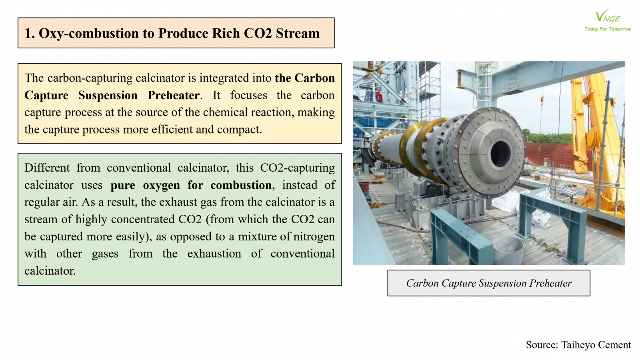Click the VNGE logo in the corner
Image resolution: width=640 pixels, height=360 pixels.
608,16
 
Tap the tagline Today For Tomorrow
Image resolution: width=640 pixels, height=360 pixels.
608,29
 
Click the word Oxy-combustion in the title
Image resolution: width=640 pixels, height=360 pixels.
89,34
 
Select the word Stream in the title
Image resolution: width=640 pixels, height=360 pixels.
298,33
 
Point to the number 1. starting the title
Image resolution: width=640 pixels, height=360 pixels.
30,34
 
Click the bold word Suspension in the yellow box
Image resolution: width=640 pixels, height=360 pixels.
108,96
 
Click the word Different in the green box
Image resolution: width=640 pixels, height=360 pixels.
47,168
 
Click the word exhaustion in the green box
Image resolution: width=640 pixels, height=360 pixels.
214,254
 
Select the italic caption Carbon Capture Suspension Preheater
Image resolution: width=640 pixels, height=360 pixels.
489,284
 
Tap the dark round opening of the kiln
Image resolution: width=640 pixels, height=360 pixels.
500,154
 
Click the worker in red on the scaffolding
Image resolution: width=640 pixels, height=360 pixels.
379,96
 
